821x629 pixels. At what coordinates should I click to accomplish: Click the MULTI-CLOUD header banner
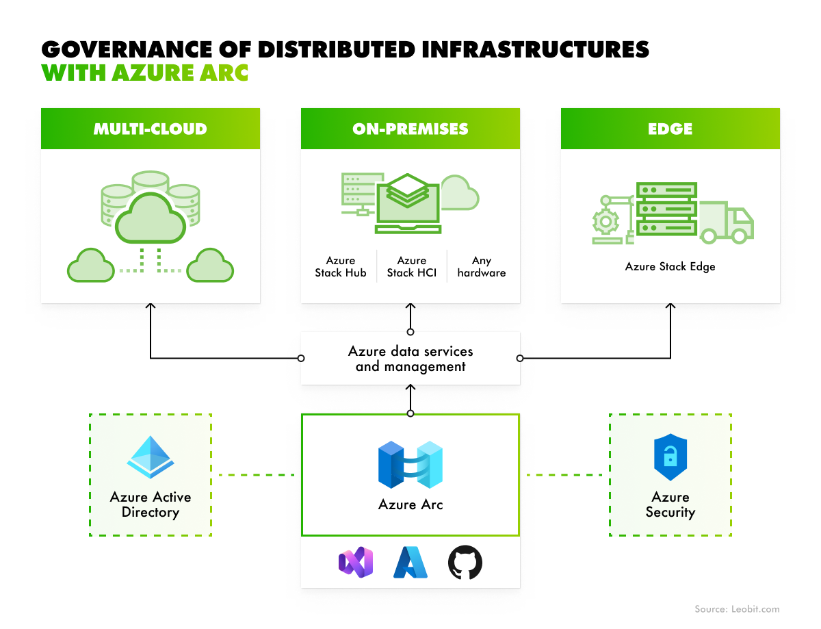[x=150, y=129]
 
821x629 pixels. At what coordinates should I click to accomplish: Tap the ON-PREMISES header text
[x=410, y=129]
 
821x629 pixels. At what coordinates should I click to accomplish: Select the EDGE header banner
[x=670, y=129]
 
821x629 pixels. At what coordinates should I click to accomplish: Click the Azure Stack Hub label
[x=341, y=267]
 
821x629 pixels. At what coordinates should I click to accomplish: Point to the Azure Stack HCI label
[x=411, y=267]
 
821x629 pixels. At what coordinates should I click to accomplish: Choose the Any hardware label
[x=482, y=267]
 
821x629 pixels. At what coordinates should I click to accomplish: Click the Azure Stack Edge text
[x=670, y=266]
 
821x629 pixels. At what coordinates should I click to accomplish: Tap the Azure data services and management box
[x=410, y=359]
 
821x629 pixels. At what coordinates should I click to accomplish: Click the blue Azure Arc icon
[x=410, y=465]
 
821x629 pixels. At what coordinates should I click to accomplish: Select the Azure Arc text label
[x=410, y=505]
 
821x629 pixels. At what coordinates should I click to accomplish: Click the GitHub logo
[x=465, y=563]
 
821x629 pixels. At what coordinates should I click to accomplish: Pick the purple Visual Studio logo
[x=356, y=563]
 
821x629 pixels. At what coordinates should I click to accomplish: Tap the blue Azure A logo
[x=410, y=563]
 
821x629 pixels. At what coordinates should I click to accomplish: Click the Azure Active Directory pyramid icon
[x=150, y=457]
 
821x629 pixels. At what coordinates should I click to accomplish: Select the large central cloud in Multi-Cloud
[x=150, y=218]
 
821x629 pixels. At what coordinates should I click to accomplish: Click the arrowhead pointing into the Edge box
[x=670, y=307]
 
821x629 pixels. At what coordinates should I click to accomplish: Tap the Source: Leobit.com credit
[x=737, y=609]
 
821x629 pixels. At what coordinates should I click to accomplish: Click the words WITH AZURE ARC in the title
[x=144, y=73]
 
